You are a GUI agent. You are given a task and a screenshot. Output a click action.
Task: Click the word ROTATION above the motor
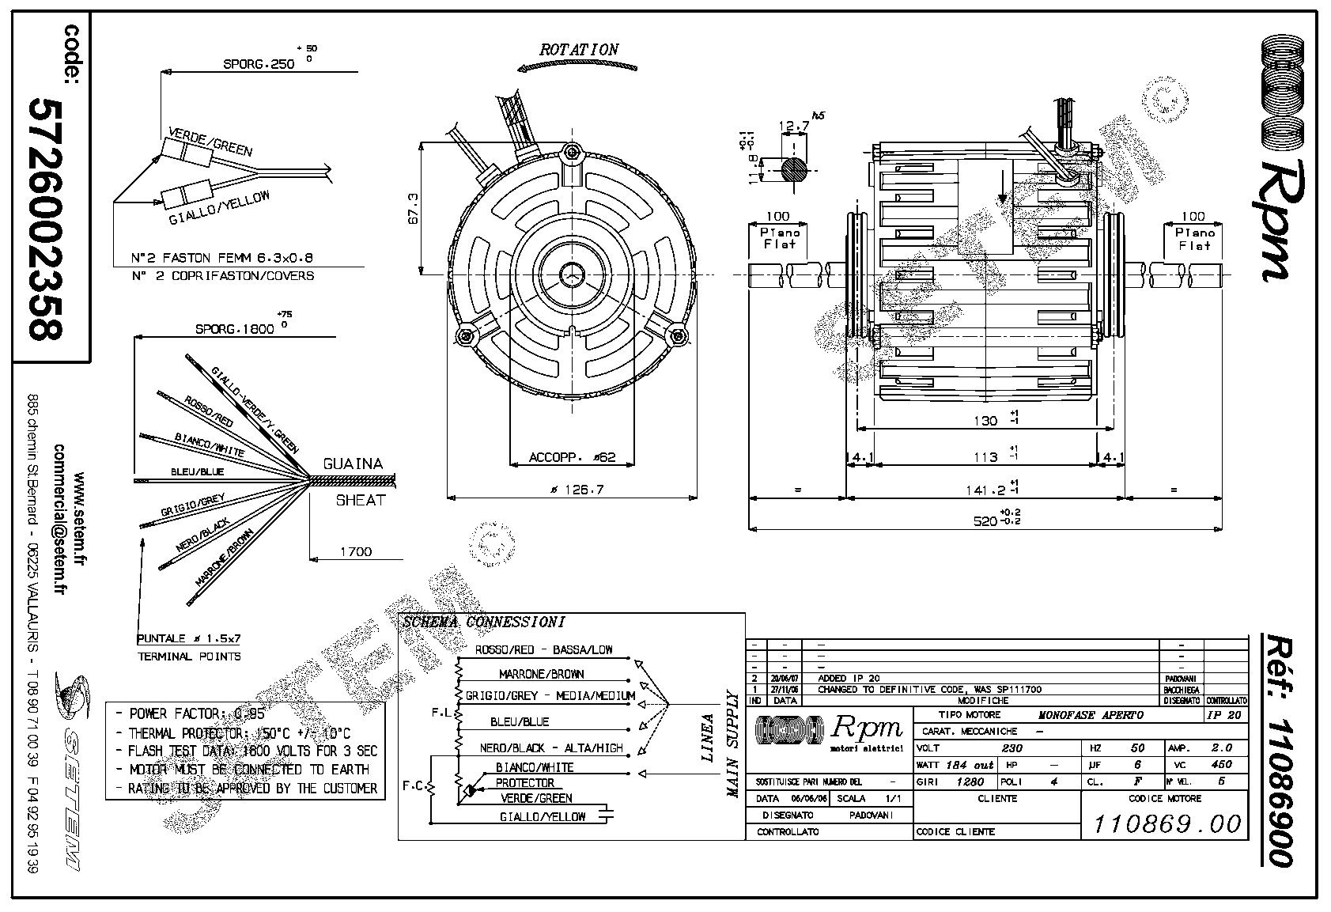[x=579, y=49]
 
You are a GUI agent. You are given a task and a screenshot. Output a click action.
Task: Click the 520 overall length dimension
[x=984, y=520]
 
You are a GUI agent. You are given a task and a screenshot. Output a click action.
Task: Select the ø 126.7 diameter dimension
[x=577, y=490]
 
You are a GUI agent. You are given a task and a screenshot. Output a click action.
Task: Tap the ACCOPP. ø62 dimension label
[x=571, y=458]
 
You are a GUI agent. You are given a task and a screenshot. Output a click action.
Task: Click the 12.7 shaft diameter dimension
[x=793, y=126]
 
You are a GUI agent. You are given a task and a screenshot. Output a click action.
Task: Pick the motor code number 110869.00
[x=1167, y=823]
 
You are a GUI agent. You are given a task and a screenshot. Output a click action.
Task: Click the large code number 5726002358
[x=46, y=219]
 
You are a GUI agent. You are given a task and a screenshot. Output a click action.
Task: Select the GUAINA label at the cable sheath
[x=353, y=464]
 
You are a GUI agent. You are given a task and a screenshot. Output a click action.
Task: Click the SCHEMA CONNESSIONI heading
[x=483, y=622]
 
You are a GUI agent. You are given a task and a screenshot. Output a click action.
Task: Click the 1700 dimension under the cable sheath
[x=355, y=551]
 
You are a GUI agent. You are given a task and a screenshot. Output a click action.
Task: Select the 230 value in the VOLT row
[x=1011, y=747]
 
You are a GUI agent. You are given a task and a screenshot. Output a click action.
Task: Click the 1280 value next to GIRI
[x=970, y=781]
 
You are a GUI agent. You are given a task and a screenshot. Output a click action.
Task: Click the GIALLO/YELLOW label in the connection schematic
[x=543, y=816]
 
